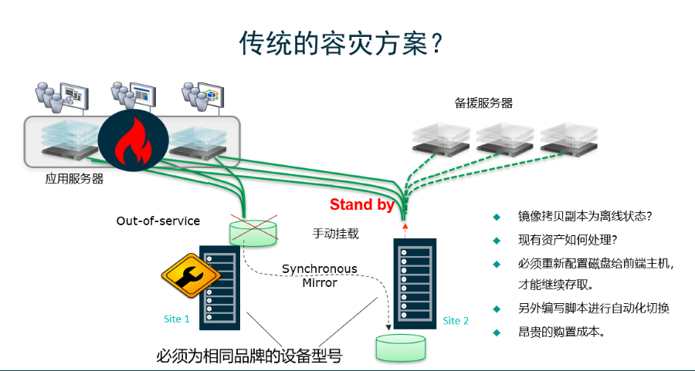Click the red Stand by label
[362, 205]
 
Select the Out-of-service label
[158, 221]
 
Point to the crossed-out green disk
[253, 232]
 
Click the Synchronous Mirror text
[319, 275]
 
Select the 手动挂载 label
[335, 232]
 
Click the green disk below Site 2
[400, 347]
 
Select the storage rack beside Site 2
[410, 280]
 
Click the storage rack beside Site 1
[221, 286]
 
